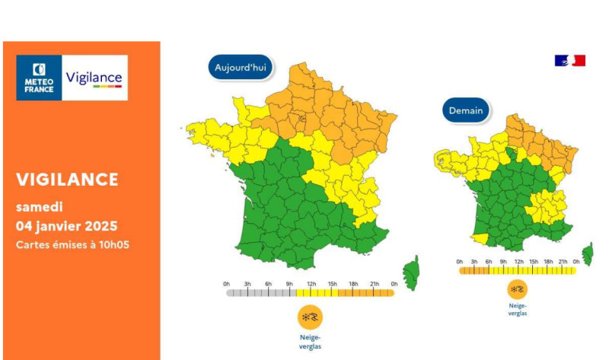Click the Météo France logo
point(39,78)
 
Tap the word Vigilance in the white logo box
point(94,78)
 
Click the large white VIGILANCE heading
point(68,180)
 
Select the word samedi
point(40,206)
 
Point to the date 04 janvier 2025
point(67,226)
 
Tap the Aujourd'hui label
point(240,67)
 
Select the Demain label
point(465,110)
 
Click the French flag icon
point(569,60)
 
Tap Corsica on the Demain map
point(588,253)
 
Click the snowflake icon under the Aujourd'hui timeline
point(311,316)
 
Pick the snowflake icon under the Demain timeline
point(518,290)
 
